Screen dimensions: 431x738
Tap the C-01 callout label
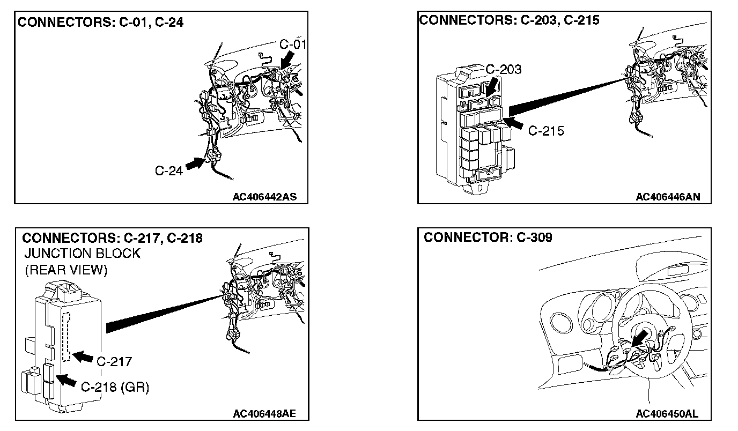pyautogui.click(x=292, y=44)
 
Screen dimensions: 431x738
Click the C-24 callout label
pyautogui.click(x=169, y=170)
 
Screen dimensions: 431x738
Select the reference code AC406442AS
pyautogui.click(x=264, y=197)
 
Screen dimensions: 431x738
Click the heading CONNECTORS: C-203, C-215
pyautogui.click(x=509, y=20)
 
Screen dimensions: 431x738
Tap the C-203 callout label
pyautogui.click(x=503, y=69)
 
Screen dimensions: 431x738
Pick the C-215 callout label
pyautogui.click(x=546, y=130)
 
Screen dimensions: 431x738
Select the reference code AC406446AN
pyautogui.click(x=668, y=197)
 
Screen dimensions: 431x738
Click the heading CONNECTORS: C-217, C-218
pyautogui.click(x=113, y=238)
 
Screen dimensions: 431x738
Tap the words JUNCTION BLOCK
pyautogui.click(x=82, y=254)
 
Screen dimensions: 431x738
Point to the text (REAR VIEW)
pyautogui.click(x=66, y=270)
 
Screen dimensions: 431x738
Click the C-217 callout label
pyautogui.click(x=114, y=361)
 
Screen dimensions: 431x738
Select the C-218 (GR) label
pyautogui.click(x=115, y=387)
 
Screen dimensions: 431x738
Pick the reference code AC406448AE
pyautogui.click(x=264, y=414)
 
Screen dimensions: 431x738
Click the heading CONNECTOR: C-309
pyautogui.click(x=488, y=237)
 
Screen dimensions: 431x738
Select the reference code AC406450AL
pyautogui.click(x=667, y=414)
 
